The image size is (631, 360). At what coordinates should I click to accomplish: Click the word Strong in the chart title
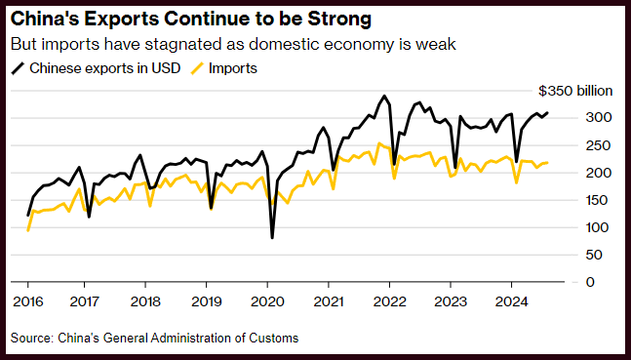coord(339,20)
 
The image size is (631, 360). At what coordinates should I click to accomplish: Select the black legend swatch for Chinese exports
coord(19,68)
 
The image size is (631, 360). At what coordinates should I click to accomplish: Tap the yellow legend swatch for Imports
coord(197,68)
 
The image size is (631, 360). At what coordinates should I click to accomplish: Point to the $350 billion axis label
coord(575,91)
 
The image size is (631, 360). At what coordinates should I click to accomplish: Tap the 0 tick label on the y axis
coord(590,282)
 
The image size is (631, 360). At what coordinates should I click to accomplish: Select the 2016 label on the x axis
coord(27,301)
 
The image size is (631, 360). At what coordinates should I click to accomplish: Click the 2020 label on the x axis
coord(267,301)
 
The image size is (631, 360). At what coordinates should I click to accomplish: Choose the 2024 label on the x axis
coord(511,301)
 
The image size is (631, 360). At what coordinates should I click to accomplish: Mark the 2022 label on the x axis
coord(389,301)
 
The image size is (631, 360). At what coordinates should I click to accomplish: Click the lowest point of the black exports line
coord(272,238)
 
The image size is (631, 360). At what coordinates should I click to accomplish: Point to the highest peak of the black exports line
coord(384,96)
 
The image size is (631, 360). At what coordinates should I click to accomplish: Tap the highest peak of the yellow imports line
coord(379,143)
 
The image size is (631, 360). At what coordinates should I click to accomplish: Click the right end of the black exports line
coord(547,113)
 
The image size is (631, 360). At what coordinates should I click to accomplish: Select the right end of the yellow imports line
coord(547,163)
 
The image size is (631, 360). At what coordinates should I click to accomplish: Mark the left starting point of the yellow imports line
coord(27,230)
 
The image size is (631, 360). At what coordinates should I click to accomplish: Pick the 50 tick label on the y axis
coord(594,255)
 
